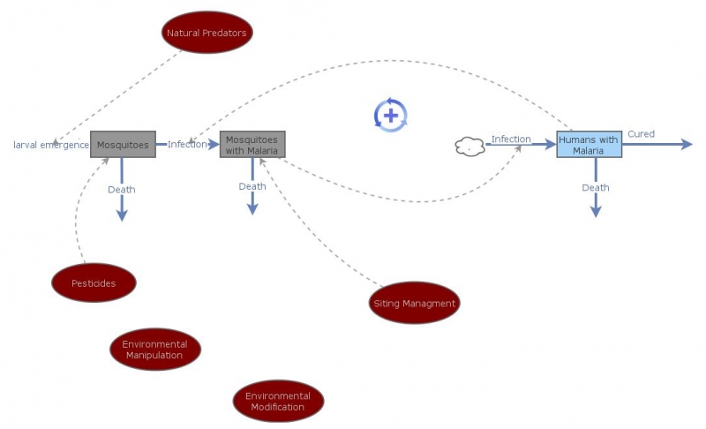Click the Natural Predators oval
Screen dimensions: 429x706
[x=207, y=34]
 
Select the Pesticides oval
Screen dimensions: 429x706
[x=94, y=282]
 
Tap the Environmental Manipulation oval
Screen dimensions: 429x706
[x=155, y=350]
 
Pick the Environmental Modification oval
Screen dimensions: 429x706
[x=278, y=402]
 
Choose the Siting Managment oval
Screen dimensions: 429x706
[x=415, y=304]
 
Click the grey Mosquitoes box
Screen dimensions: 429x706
[x=123, y=144]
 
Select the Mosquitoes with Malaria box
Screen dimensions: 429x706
[x=252, y=146]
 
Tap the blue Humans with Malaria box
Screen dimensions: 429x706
[x=590, y=145]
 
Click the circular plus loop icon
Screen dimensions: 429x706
[x=391, y=115]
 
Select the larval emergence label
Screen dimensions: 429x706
[x=51, y=145]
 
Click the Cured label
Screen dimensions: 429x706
[x=641, y=134]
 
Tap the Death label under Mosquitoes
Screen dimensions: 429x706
[x=122, y=190]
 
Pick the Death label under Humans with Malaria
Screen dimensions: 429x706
[x=596, y=187]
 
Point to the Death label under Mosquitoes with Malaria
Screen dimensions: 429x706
[x=252, y=186]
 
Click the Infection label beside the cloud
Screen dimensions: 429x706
[x=511, y=139]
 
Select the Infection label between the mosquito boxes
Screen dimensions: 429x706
[x=187, y=144]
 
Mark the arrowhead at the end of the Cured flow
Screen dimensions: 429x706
[x=687, y=144]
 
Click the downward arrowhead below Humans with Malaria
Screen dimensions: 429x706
[x=596, y=211]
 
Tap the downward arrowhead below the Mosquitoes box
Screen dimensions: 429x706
[x=122, y=215]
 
